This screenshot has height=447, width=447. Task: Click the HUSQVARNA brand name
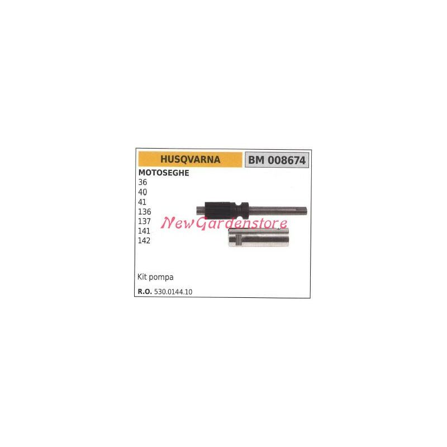(x=190, y=159)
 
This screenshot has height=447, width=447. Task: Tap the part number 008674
(x=287, y=160)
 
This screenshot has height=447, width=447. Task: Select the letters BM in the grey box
(x=256, y=160)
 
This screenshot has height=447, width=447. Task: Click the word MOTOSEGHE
(x=164, y=173)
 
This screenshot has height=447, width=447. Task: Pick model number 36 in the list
(x=142, y=182)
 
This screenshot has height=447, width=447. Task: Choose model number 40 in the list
(x=142, y=192)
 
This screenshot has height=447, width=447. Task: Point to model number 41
(x=142, y=202)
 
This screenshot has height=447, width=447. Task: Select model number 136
(x=145, y=212)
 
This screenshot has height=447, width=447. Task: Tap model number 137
(x=145, y=221)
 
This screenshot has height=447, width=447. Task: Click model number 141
(x=144, y=231)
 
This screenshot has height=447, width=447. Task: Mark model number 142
(x=144, y=241)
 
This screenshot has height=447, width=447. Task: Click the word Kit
(x=142, y=277)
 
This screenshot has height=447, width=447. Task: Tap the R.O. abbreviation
(x=145, y=292)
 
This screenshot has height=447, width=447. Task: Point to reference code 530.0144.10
(x=173, y=292)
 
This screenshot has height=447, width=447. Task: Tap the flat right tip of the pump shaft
(x=306, y=211)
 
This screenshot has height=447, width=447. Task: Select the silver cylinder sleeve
(x=258, y=237)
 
